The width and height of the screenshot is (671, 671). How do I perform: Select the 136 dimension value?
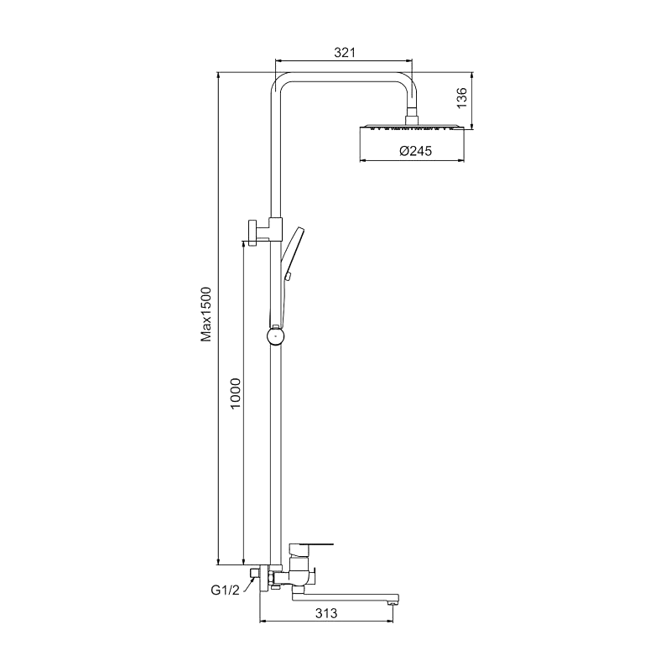460,98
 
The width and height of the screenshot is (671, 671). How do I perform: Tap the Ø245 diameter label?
415,151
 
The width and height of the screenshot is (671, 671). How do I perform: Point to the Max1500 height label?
206,315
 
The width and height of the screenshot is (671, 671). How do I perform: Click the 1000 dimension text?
236,394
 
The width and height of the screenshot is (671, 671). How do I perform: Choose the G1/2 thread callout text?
225,590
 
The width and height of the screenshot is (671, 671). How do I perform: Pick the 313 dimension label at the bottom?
325,613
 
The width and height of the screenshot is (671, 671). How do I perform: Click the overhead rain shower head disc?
412,129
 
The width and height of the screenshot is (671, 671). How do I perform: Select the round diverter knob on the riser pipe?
275,336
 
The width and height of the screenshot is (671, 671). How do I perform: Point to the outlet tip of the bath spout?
390,601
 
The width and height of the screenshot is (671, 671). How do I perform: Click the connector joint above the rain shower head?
411,117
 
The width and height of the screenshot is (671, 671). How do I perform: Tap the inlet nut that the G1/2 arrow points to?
254,577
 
